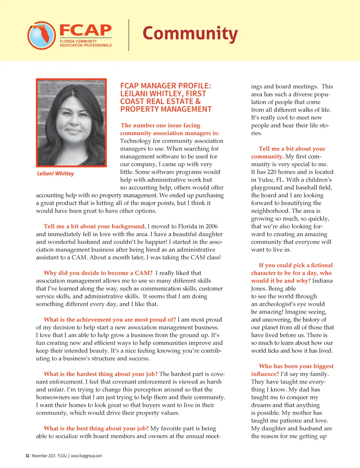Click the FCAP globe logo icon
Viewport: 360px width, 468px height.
tap(41, 35)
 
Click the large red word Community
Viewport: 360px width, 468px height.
tap(190, 34)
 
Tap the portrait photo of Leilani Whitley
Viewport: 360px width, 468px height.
tap(71, 122)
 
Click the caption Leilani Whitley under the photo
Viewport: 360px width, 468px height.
tap(56, 173)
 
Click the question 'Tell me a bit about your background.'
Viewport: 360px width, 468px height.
tap(95, 226)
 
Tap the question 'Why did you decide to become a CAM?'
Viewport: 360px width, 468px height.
tap(98, 273)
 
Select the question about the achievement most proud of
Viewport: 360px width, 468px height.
tap(110, 320)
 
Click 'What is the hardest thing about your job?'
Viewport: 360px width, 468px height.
tap(101, 374)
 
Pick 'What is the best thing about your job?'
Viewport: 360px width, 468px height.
tap(96, 428)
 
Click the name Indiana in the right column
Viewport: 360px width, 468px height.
tap(322, 280)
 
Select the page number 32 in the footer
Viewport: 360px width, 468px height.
tap(27, 456)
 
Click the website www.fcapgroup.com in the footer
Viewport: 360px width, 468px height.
tap(86, 456)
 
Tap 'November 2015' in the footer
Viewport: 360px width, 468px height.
tap(44, 456)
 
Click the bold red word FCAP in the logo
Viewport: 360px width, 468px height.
tap(85, 30)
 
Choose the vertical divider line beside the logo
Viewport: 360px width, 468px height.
tap(129, 35)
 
